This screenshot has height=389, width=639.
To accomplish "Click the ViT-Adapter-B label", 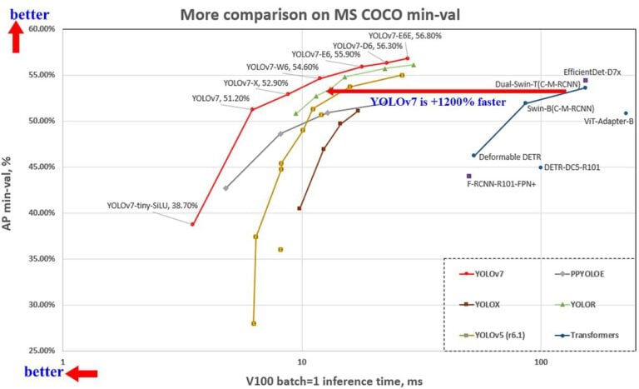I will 609,121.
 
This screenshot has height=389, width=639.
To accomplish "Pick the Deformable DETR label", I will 510,157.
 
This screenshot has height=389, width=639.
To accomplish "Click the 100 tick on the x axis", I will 541,363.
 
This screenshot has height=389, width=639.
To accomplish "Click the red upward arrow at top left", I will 15,38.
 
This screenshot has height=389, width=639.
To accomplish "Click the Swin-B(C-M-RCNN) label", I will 560,108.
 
